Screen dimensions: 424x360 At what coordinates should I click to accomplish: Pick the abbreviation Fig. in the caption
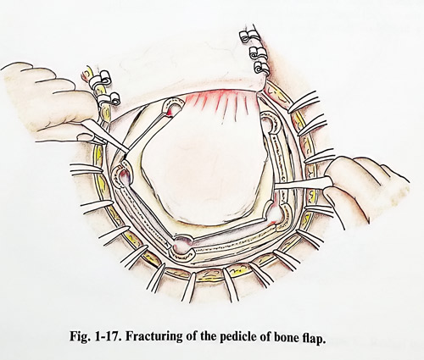[x=80, y=337]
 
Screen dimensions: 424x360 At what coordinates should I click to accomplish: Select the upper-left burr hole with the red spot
[x=173, y=108]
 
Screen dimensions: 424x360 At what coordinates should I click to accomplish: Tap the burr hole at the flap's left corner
[x=122, y=175]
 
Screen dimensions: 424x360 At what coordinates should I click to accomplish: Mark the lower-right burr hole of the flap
[x=277, y=213]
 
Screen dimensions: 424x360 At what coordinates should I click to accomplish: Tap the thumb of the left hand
[x=88, y=138]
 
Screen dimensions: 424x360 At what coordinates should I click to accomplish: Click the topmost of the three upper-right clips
[x=247, y=36]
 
